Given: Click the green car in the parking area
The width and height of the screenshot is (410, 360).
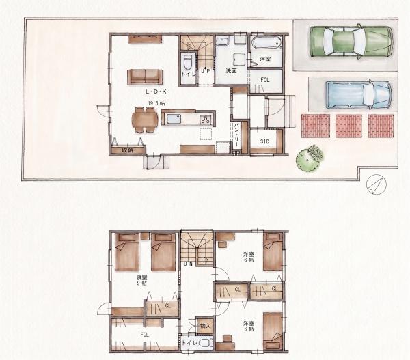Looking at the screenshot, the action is point(351,42).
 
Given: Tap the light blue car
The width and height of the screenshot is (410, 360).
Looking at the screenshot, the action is point(359,94).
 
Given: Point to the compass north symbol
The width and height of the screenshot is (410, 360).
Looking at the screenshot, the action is point(377,184).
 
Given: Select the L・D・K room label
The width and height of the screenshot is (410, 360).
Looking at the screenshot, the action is point(156,92).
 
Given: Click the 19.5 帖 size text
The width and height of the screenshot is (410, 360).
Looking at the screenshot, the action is point(156,103).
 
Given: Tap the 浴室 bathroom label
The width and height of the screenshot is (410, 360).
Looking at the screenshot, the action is point(265,59).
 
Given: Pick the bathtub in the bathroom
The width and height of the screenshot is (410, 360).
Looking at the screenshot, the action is point(266,42).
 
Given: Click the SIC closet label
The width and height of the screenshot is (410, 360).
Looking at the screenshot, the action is point(264,141).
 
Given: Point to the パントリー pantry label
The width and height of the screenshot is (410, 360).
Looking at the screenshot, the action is point(236,134).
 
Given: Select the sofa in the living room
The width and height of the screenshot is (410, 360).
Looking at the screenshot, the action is point(145,77).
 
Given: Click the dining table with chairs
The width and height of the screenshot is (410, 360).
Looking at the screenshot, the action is point(145,120).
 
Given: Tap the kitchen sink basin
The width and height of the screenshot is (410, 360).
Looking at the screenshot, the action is point(173,120).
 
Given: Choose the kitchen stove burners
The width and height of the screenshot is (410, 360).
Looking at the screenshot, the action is point(206,120).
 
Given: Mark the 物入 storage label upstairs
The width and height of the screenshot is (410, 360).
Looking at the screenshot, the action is point(205,326).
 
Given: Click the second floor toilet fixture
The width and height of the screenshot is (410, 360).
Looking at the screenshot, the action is point(206,343).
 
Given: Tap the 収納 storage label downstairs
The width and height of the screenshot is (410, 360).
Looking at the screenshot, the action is point(127,150).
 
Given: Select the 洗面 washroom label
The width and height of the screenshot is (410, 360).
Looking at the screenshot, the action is point(231,70).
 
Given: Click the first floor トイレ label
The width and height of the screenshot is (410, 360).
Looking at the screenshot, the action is point(189,74).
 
